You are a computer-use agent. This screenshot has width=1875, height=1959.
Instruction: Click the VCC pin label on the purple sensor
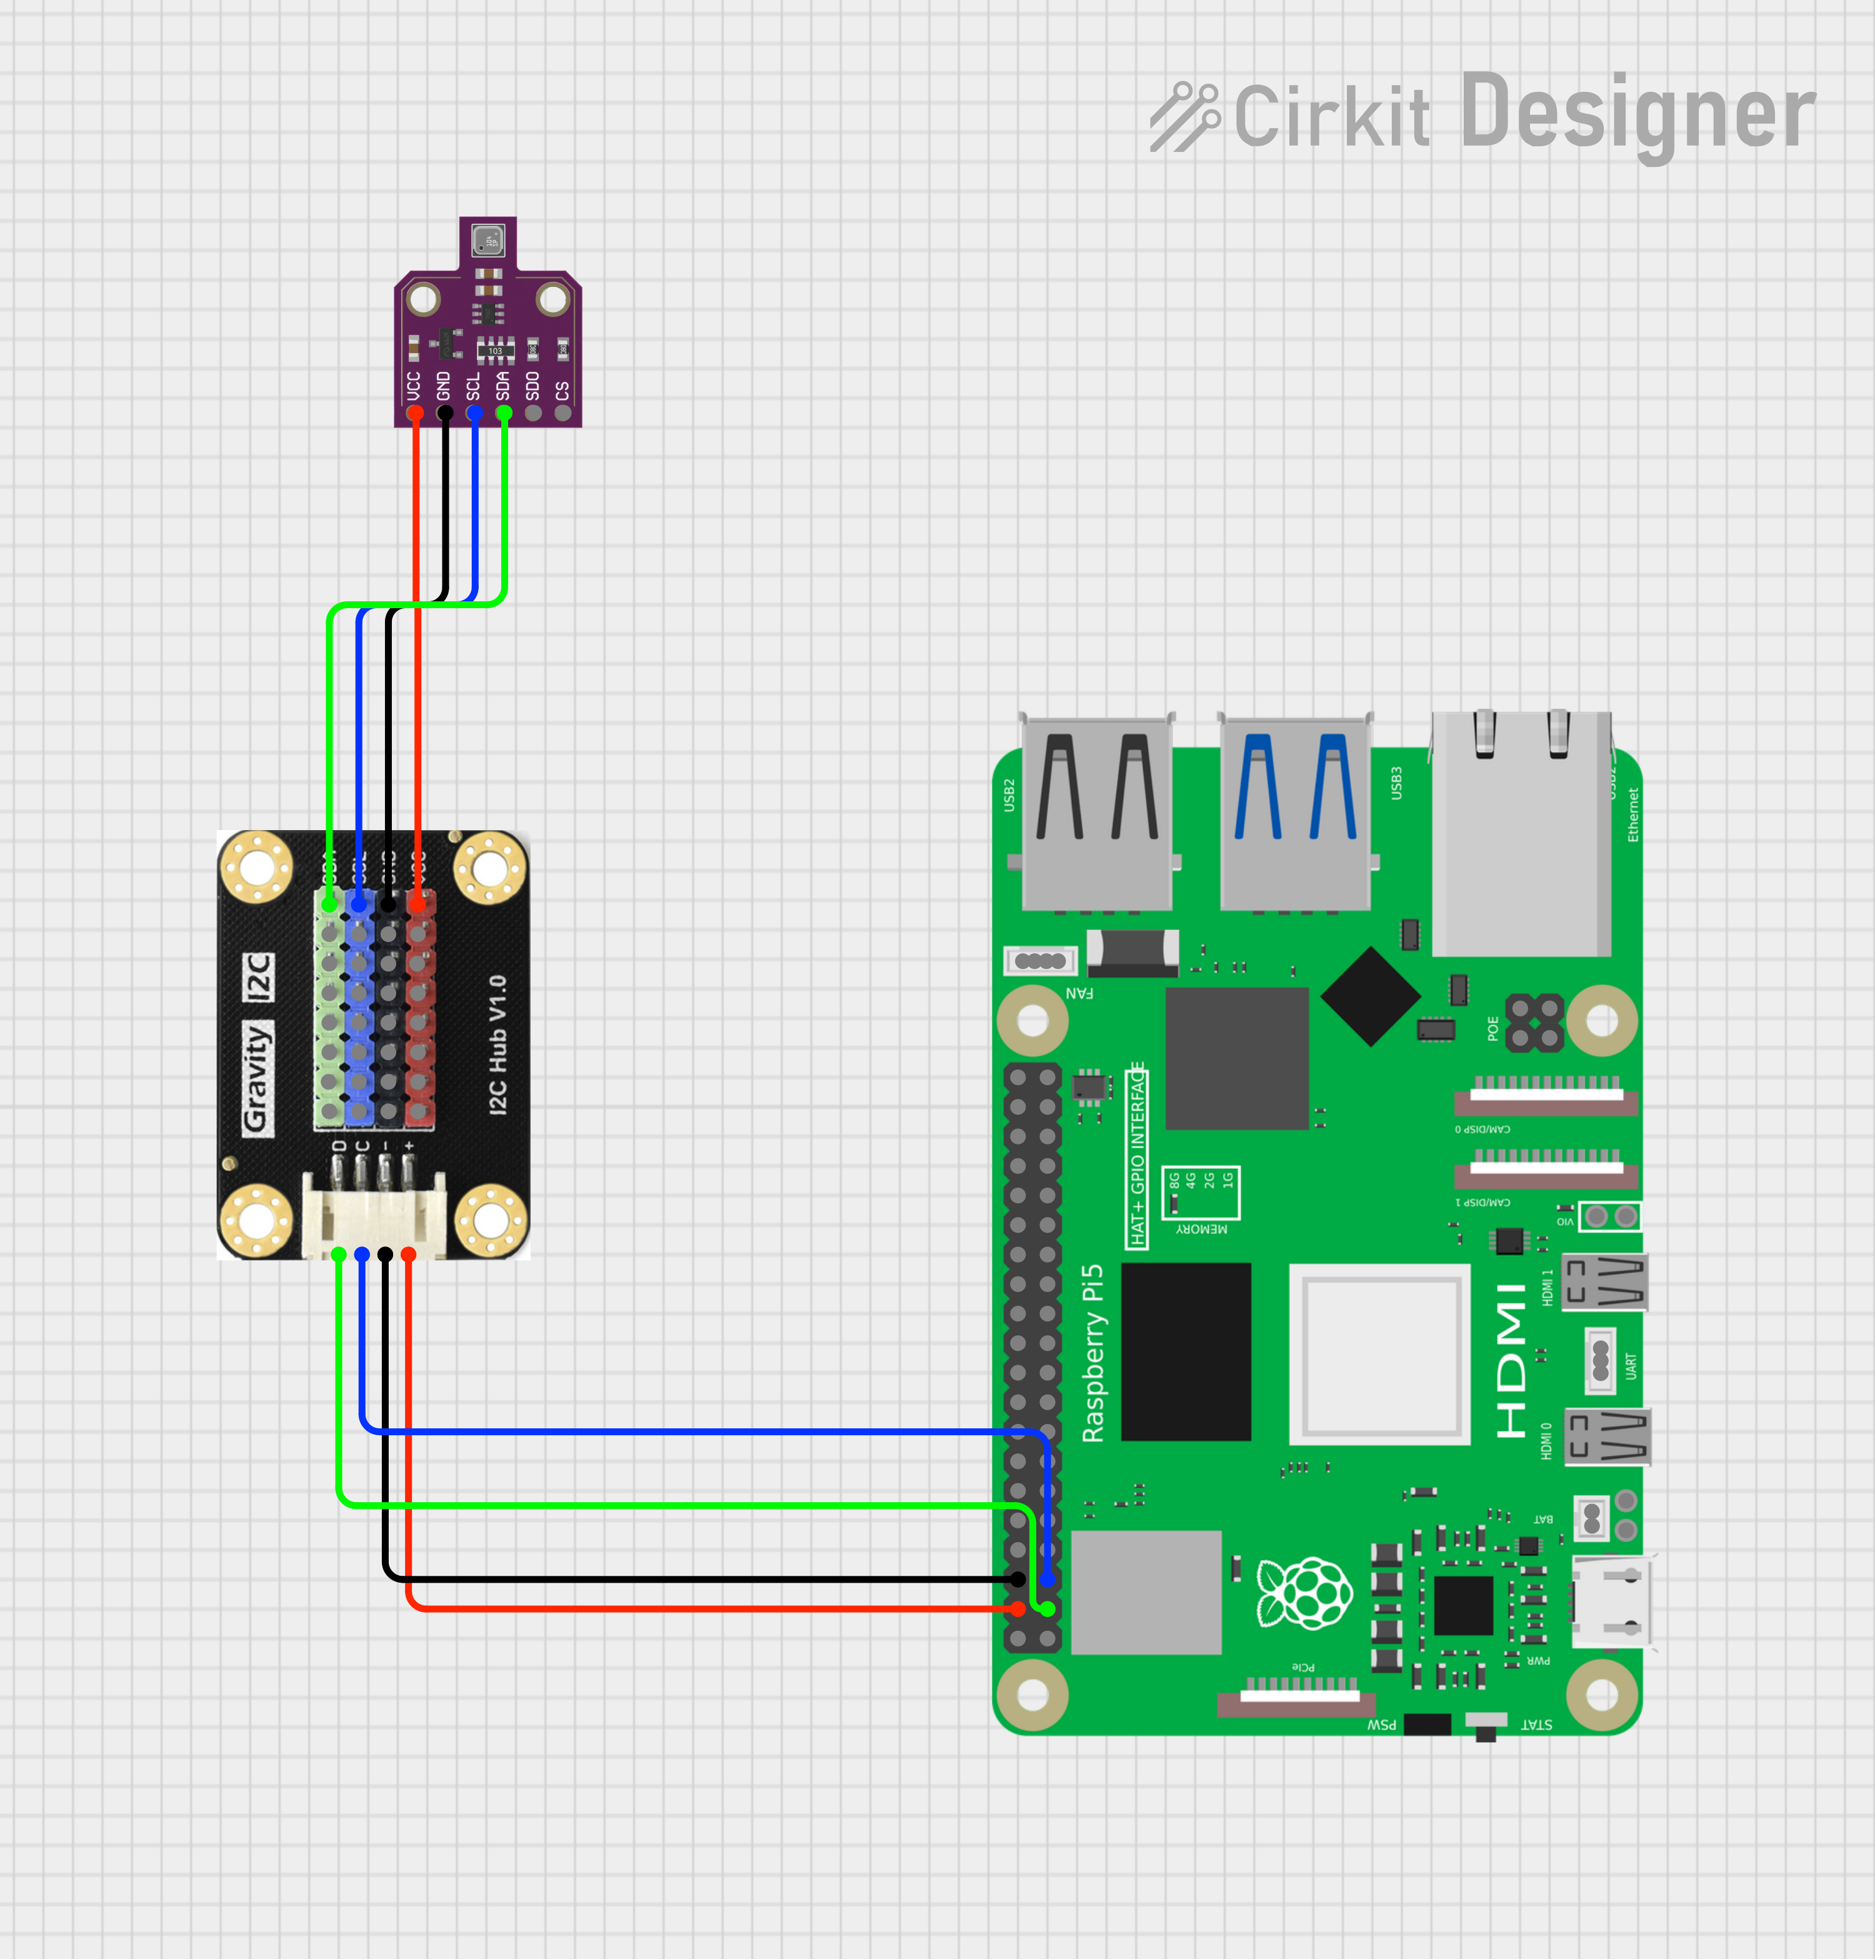coord(414,385)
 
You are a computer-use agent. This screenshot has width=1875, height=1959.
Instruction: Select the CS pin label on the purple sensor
coord(562,389)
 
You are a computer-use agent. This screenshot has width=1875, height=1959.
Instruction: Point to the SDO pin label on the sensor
coord(532,385)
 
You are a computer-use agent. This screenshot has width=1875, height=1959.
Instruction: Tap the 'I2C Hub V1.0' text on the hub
coord(497,1045)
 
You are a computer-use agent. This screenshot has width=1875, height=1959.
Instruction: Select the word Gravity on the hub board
coord(256,1078)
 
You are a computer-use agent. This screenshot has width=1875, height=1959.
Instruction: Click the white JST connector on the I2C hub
coord(374,1215)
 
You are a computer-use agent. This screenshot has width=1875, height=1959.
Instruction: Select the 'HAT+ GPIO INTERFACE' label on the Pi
coord(1137,1155)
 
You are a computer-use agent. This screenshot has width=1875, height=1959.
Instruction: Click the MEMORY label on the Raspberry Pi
coord(1201,1228)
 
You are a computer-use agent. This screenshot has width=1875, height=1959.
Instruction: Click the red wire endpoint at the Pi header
coord(1017,1608)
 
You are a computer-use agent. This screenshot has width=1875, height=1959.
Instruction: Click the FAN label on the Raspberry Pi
coord(1079,993)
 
